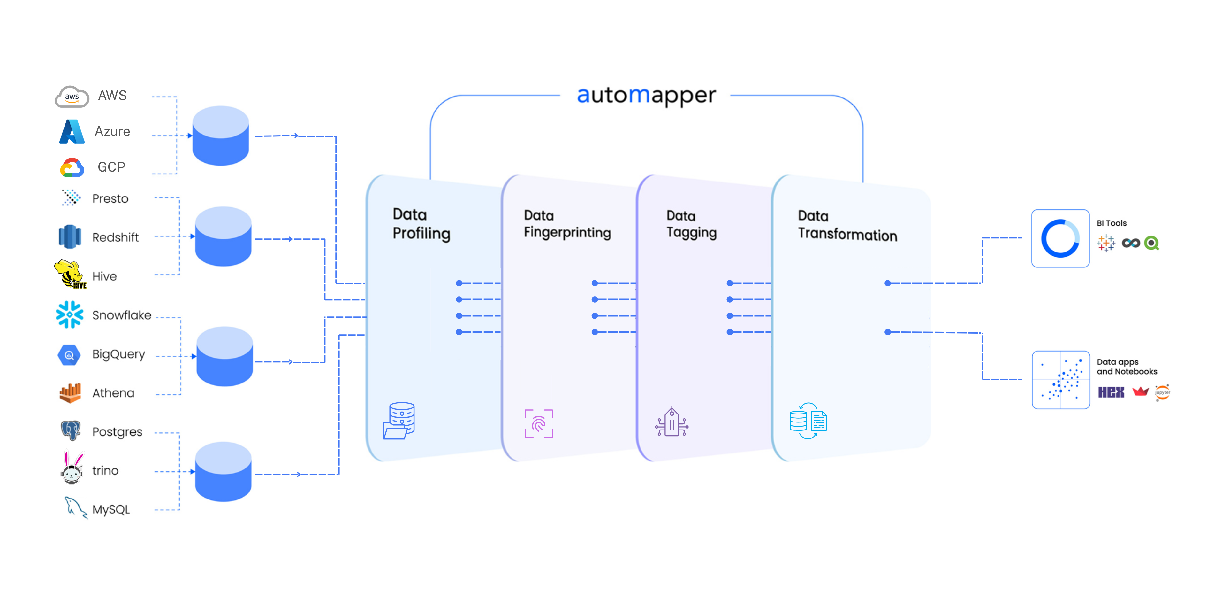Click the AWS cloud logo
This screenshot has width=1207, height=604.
[72, 97]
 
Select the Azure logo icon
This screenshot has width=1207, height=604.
[72, 132]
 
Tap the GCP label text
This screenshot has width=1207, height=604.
[111, 167]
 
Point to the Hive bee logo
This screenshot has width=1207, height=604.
[70, 274]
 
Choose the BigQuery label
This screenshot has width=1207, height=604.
[118, 354]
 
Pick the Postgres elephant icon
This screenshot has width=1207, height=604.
[71, 430]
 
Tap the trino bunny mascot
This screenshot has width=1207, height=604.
[72, 468]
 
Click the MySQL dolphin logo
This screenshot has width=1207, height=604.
[75, 507]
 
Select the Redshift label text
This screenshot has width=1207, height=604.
[115, 237]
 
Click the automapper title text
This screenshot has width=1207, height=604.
[646, 95]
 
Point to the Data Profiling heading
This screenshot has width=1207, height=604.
[421, 224]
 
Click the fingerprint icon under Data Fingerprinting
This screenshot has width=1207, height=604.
[538, 423]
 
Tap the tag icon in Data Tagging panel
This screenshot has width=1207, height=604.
[672, 422]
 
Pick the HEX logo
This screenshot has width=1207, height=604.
[1111, 392]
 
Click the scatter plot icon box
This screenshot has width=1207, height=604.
[1061, 380]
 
